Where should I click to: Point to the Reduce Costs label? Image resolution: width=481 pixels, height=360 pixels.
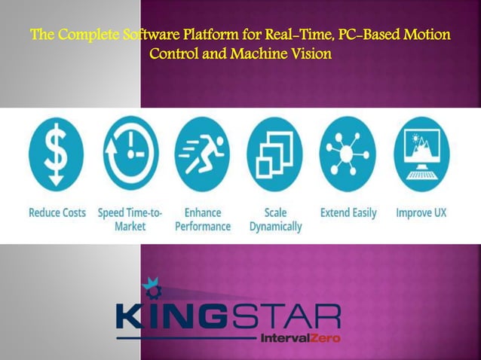coord(57,212)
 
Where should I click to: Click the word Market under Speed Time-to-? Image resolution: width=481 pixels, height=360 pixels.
coord(130,226)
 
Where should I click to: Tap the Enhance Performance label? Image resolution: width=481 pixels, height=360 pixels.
coord(202,219)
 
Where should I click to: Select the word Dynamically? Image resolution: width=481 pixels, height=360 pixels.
coord(275,226)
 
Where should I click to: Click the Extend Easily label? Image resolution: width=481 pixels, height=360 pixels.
coord(348,212)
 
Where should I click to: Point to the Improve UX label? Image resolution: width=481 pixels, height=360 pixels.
coord(421,212)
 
